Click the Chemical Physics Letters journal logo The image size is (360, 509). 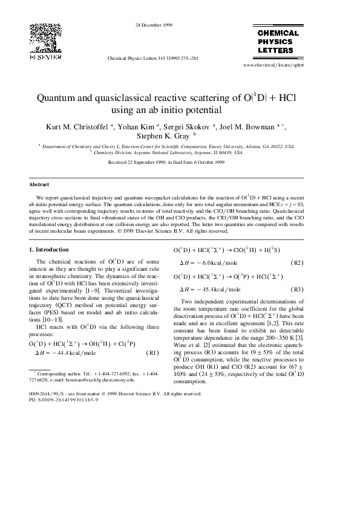pyautogui.click(x=278, y=41)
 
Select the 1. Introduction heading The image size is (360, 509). pyautogui.click(x=49, y=249)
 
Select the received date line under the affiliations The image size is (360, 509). pyautogui.click(x=166, y=163)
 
